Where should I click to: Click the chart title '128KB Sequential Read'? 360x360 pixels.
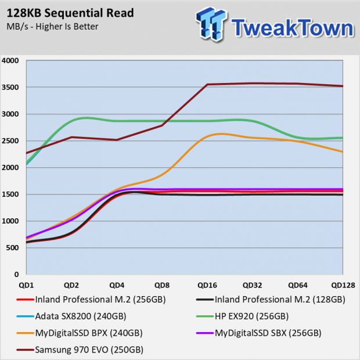(x=70, y=13)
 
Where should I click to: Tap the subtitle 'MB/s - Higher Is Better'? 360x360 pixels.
(x=52, y=27)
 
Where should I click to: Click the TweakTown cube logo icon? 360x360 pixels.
(x=211, y=24)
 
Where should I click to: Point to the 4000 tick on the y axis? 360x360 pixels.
(x=10, y=60)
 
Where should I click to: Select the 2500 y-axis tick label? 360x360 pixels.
(x=10, y=141)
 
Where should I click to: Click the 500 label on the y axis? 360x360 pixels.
(x=12, y=248)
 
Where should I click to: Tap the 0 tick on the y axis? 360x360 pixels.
(x=16, y=275)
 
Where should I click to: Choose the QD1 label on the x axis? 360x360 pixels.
(x=26, y=285)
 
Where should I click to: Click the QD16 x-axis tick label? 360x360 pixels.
(x=207, y=285)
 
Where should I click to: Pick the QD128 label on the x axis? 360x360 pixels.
(x=343, y=285)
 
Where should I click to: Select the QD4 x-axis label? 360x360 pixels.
(x=117, y=285)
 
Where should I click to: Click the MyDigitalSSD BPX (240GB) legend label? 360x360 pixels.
(x=89, y=333)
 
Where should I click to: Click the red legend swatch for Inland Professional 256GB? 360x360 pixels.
(x=25, y=300)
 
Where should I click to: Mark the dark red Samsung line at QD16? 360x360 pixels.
(x=207, y=85)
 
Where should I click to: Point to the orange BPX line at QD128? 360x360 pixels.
(x=343, y=152)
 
